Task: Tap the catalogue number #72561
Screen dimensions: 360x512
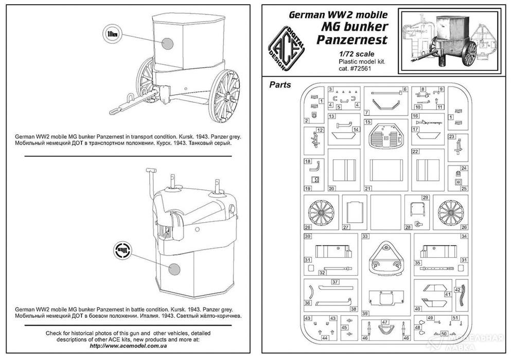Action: click(375, 70)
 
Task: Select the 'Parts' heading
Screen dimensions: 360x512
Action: click(280, 84)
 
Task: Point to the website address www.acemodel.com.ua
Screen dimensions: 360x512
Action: click(131, 346)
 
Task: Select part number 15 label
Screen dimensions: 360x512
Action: click(367, 122)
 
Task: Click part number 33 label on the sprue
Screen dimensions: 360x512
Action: click(365, 237)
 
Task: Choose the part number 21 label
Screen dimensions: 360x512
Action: click(367, 189)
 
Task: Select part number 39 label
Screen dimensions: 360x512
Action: click(365, 313)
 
